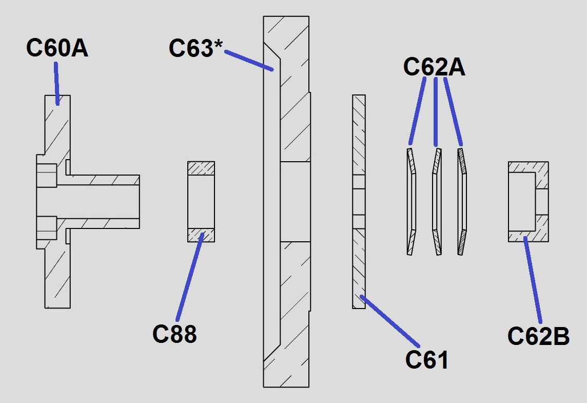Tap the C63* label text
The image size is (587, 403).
(195, 49)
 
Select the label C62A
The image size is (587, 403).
(434, 67)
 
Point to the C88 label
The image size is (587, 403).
(174, 334)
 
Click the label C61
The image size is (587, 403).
(427, 360)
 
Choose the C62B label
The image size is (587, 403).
(538, 337)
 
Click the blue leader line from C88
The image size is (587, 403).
(190, 277)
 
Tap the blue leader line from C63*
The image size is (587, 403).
(249, 60)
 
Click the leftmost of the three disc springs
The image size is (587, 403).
(412, 201)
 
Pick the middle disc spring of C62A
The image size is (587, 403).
(437, 201)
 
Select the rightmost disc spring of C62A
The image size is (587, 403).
(462, 201)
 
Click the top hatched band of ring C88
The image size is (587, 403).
(201, 168)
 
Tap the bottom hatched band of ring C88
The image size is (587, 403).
(201, 235)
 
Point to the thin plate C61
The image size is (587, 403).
(359, 257)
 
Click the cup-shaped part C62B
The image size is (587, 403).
(528, 201)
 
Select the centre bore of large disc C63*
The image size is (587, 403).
(295, 202)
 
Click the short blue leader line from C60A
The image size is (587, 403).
(57, 82)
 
